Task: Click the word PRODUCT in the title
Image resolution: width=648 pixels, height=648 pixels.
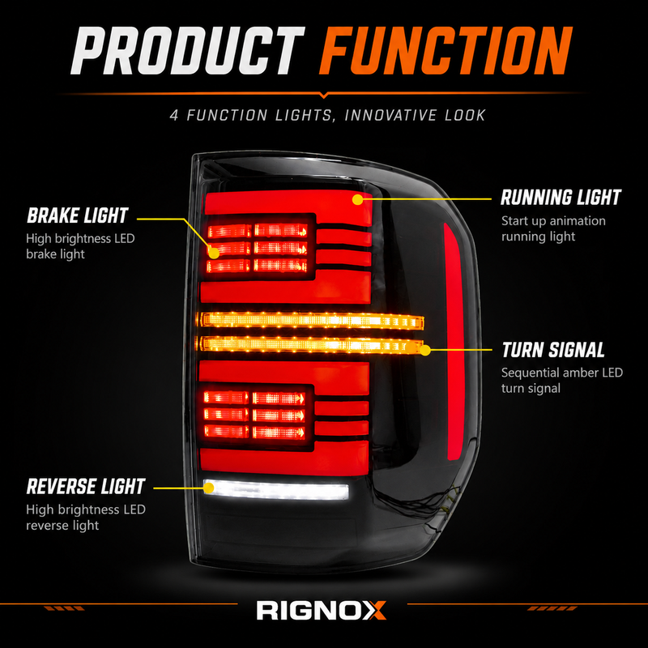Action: [x=188, y=51]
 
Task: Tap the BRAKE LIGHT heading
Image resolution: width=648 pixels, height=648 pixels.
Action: [x=78, y=215]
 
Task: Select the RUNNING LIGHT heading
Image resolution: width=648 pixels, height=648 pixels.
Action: [x=561, y=198]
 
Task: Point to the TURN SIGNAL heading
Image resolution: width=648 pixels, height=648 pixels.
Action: [x=553, y=350]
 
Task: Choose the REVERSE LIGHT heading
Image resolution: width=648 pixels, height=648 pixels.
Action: [x=86, y=487]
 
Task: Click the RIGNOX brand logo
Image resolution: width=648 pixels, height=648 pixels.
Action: [x=321, y=611]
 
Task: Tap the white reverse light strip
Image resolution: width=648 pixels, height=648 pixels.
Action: [x=276, y=490]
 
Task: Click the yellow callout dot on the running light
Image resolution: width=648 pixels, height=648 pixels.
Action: [x=357, y=199]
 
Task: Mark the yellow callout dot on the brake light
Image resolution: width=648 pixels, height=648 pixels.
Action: [x=214, y=253]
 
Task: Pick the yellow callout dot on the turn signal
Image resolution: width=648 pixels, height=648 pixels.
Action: [x=424, y=351]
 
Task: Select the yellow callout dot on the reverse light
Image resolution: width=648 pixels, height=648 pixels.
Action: [x=209, y=488]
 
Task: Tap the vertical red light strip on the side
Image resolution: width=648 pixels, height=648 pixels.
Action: [x=454, y=341]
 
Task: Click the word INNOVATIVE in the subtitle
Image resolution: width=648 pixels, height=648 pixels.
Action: [x=390, y=115]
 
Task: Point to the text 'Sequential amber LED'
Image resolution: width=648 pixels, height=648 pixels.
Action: [x=562, y=373]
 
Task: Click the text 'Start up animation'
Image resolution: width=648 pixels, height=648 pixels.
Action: [x=553, y=221]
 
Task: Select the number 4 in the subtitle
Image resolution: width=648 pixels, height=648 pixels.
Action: [x=174, y=115]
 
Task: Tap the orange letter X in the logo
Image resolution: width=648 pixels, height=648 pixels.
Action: [x=375, y=611]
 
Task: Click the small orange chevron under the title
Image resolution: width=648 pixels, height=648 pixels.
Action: [x=325, y=96]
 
